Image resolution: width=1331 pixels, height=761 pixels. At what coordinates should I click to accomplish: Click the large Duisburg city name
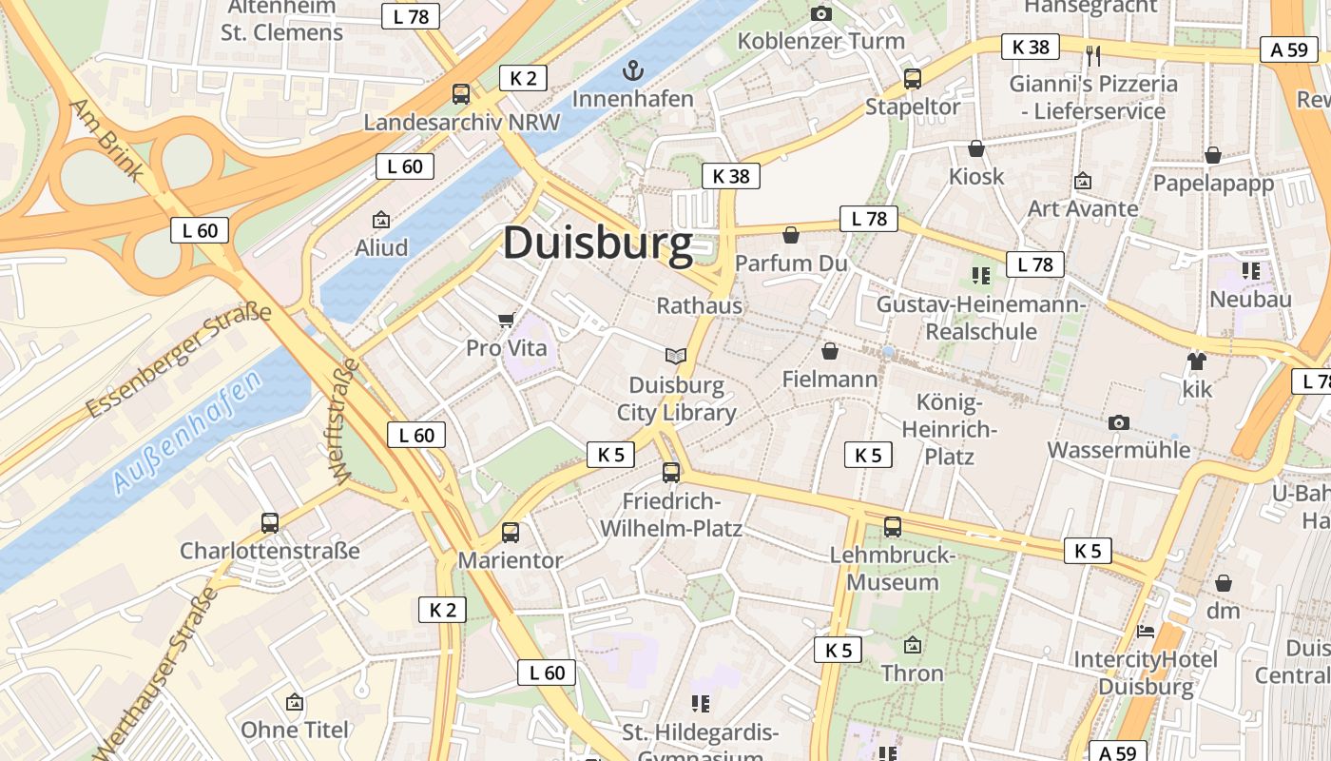[x=598, y=244]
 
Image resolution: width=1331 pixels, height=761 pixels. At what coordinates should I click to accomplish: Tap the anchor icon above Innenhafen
[x=632, y=70]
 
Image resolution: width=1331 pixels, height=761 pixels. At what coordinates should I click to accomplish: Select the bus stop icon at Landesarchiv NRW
[x=461, y=93]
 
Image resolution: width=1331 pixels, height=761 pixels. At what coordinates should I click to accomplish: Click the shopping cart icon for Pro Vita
[x=507, y=320]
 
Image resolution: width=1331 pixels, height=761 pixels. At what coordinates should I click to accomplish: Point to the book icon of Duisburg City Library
[x=676, y=357]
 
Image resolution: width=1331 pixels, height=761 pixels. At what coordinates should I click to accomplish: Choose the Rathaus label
[x=699, y=306]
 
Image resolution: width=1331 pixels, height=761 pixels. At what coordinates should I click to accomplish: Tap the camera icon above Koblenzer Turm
[x=821, y=13]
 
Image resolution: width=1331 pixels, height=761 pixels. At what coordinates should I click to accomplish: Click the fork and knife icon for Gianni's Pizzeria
[x=1092, y=55]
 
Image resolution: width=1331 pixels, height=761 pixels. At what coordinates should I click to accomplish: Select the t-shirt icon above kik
[x=1196, y=361]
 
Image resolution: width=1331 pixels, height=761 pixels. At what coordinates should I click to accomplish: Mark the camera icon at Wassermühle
[x=1119, y=421]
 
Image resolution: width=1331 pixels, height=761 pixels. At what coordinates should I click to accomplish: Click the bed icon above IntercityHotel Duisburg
[x=1146, y=631]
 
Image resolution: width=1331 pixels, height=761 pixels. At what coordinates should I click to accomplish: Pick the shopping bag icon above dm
[x=1224, y=582]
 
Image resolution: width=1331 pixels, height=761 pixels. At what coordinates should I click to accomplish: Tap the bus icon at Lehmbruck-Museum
[x=892, y=526]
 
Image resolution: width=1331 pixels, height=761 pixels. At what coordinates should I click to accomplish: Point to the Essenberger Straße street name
[x=178, y=361]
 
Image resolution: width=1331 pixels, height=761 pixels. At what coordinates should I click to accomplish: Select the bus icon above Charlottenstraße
[x=270, y=522]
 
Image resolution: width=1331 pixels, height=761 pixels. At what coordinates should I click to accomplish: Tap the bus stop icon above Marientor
[x=511, y=533]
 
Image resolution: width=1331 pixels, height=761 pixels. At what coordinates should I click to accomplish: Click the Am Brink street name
[x=106, y=140]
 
